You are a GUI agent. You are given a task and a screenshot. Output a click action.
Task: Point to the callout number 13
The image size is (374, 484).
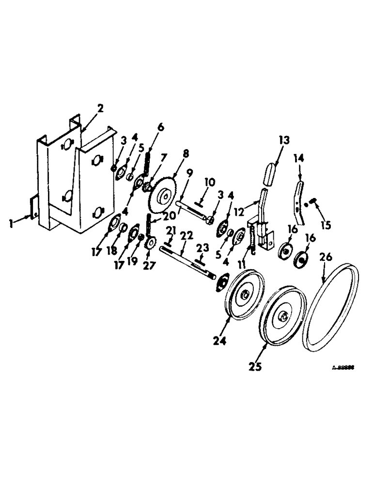[283, 140]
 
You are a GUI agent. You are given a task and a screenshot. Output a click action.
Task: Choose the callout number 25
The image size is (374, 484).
[255, 367]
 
